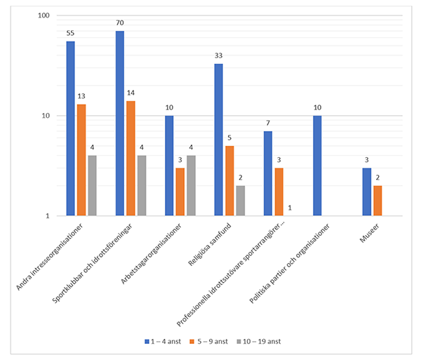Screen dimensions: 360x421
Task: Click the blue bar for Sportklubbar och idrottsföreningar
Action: [120, 123]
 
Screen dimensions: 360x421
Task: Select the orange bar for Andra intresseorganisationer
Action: [81, 160]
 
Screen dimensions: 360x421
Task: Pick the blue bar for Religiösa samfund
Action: [219, 140]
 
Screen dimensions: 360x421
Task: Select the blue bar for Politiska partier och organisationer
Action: [318, 166]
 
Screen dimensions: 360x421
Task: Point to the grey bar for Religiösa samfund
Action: [239, 201]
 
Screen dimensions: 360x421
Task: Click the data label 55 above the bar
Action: [70, 33]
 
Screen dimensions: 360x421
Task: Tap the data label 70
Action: [120, 23]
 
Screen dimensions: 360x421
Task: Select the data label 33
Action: [219, 56]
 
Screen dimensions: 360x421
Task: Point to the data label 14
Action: [131, 93]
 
